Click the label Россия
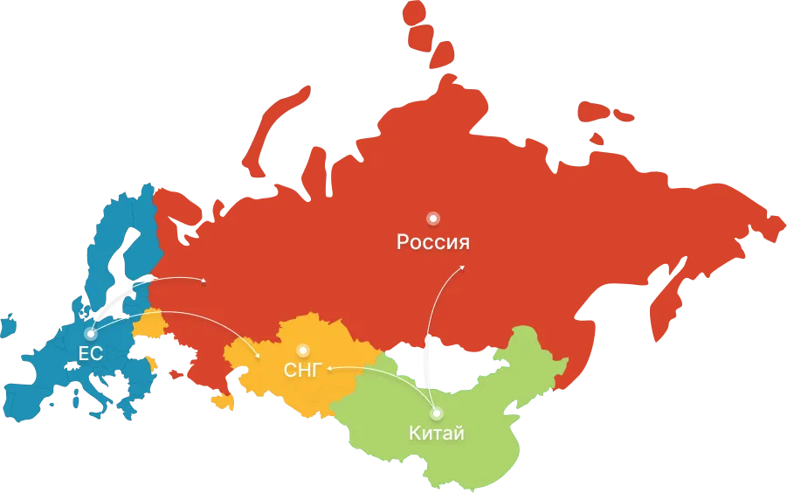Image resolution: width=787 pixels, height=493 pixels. tap(433, 242)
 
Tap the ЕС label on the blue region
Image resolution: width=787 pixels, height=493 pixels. tap(91, 354)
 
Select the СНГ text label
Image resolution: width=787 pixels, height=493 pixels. tap(302, 370)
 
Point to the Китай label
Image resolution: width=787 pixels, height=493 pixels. tap(436, 433)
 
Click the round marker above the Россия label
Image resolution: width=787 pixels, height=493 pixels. tap(431, 218)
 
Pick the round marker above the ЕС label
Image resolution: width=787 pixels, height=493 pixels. tap(90, 333)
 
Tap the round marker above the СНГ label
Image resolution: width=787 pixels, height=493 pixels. tap(303, 349)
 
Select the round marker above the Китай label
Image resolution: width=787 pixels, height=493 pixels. tap(436, 413)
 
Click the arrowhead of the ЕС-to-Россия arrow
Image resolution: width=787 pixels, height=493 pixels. tap(205, 281)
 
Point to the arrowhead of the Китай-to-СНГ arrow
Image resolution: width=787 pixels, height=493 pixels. tap(329, 370)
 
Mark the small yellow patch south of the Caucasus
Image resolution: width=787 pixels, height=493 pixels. tap(224, 401)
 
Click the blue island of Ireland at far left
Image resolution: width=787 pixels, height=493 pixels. tap(8, 324)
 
